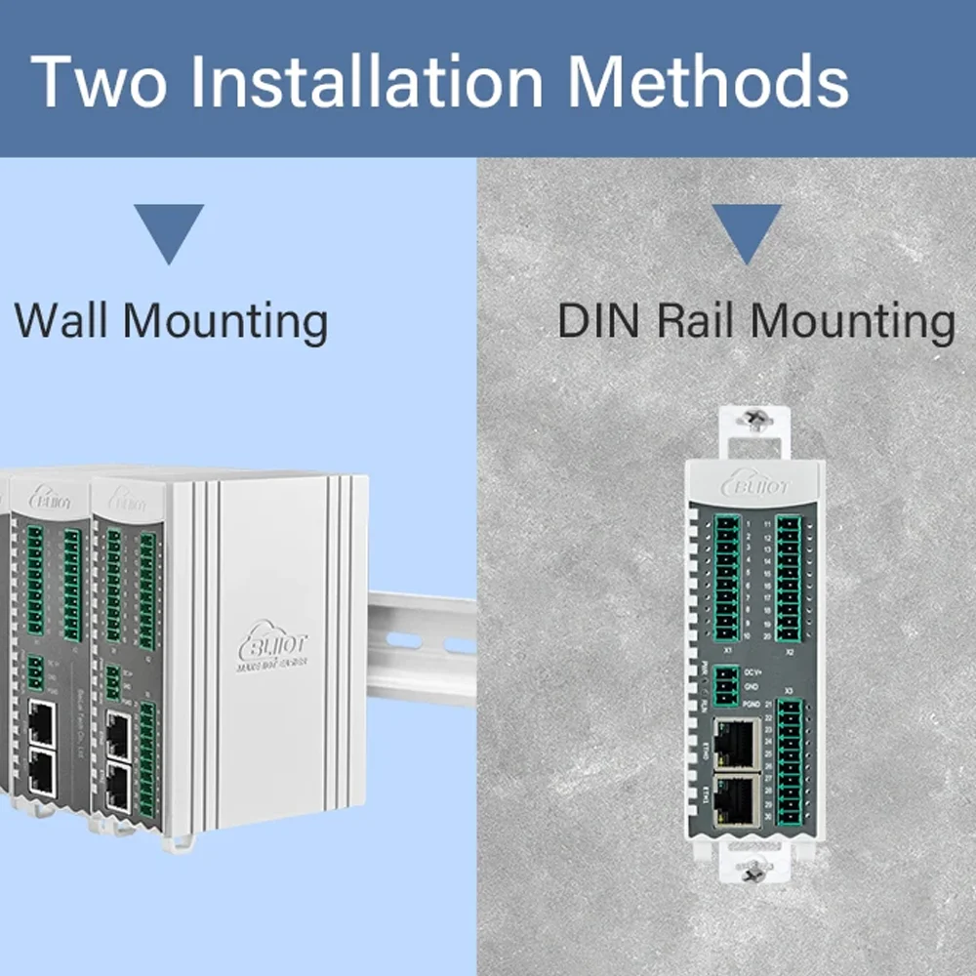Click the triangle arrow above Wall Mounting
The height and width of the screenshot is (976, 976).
tap(168, 230)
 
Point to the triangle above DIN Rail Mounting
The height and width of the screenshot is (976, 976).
tap(746, 230)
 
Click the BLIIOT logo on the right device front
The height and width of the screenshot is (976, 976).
tap(755, 483)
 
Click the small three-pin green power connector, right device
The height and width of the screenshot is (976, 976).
tap(726, 685)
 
